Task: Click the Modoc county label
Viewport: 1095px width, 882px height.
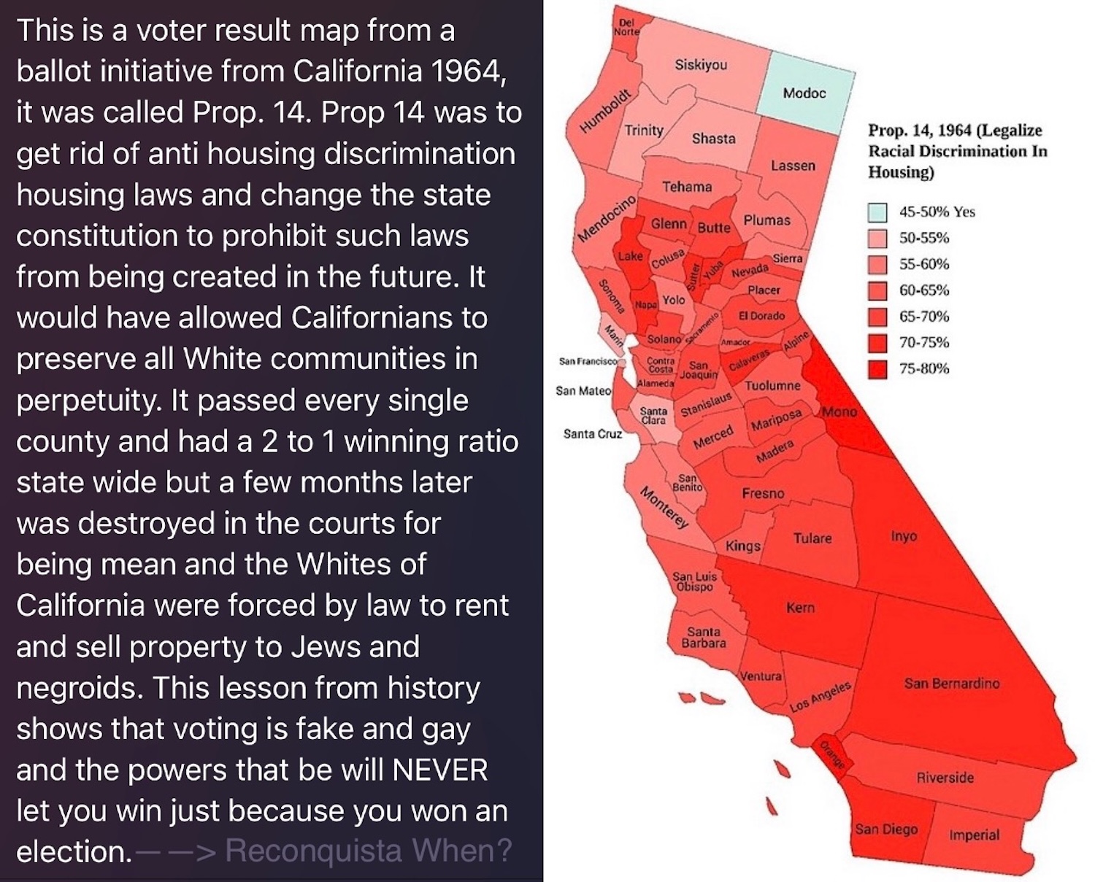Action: pyautogui.click(x=804, y=93)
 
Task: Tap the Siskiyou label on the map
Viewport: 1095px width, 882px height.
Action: pyautogui.click(x=701, y=65)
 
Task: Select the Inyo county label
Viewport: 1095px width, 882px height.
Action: pyautogui.click(x=904, y=536)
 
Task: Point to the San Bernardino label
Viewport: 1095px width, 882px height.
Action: pyautogui.click(x=951, y=683)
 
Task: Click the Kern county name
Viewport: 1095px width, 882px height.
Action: pyautogui.click(x=800, y=607)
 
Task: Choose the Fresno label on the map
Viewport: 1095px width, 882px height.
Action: pyautogui.click(x=763, y=493)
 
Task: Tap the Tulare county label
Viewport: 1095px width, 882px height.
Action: pyautogui.click(x=812, y=538)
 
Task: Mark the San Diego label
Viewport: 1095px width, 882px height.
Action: pyautogui.click(x=886, y=829)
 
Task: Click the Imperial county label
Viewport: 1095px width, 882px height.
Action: pyautogui.click(x=975, y=835)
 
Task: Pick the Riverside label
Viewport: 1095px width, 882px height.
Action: pyautogui.click(x=945, y=777)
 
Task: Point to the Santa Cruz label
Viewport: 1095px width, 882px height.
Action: pyautogui.click(x=592, y=434)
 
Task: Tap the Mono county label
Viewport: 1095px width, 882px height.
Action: pyautogui.click(x=839, y=411)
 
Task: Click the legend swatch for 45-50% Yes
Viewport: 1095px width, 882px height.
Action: pyautogui.click(x=877, y=212)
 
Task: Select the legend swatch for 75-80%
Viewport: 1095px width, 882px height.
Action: pyautogui.click(x=877, y=369)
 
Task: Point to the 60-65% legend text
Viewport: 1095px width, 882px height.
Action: pyautogui.click(x=924, y=290)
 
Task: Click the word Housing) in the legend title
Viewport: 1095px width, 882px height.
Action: pyautogui.click(x=901, y=172)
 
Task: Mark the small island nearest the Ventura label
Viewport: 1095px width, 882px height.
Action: pyautogui.click(x=712, y=698)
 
